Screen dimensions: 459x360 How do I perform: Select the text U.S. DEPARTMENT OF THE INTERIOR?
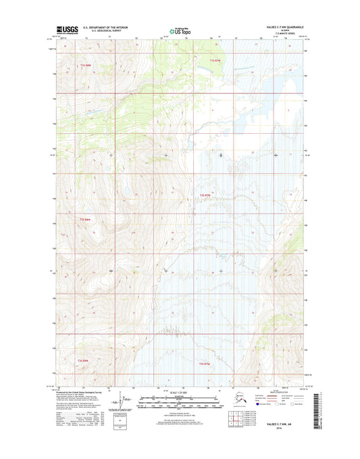tap(108, 28)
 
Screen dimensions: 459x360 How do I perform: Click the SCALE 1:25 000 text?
tap(180, 393)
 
